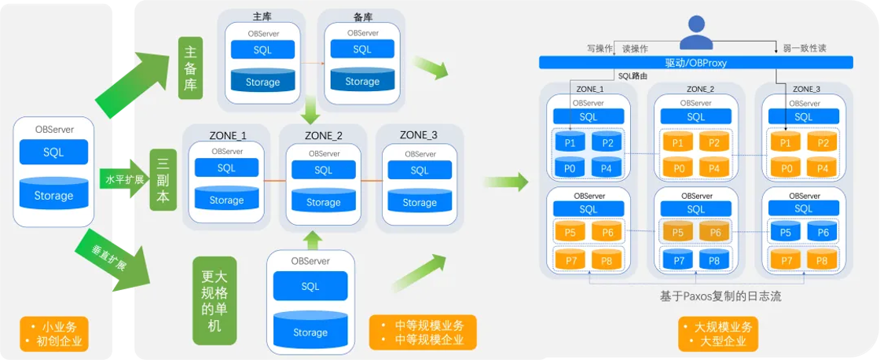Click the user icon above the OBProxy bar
(x=696, y=32)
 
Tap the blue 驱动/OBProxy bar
(x=696, y=63)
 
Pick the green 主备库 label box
(x=190, y=68)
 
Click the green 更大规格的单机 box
(x=214, y=301)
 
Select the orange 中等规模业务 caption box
(x=422, y=332)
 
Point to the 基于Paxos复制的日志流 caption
(x=720, y=296)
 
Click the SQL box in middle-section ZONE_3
(x=420, y=170)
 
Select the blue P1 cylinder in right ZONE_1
(x=570, y=142)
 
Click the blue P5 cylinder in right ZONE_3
(x=786, y=231)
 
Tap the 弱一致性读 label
(x=805, y=48)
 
